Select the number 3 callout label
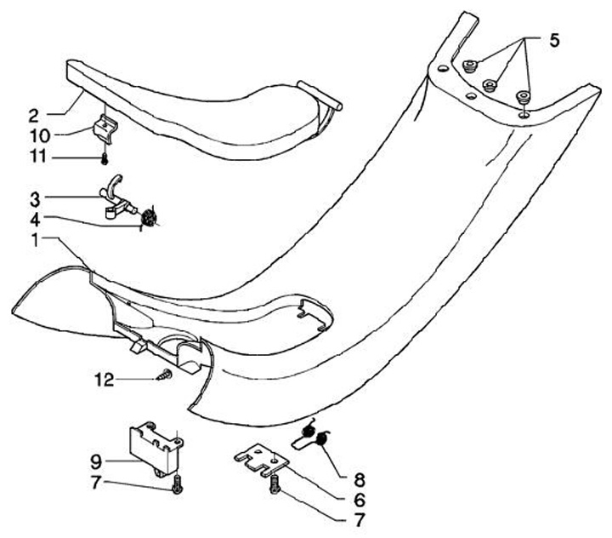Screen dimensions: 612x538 pos(33,199)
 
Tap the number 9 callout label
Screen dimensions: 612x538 pos(96,462)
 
